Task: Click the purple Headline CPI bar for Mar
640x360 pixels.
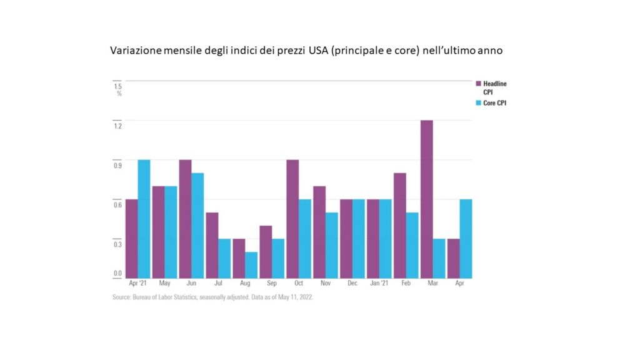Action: (x=427, y=199)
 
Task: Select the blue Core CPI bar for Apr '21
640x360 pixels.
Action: (x=144, y=219)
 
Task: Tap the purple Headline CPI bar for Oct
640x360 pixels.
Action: (x=292, y=219)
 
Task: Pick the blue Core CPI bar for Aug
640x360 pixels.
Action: (x=251, y=265)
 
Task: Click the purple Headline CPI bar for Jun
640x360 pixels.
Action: (x=185, y=219)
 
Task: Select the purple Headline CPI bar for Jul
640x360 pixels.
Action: (x=212, y=245)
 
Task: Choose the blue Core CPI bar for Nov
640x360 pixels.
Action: (x=332, y=245)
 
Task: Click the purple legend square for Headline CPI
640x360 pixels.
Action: (x=479, y=83)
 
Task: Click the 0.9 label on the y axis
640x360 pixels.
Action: (x=117, y=166)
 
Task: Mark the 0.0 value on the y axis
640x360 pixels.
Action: (x=117, y=274)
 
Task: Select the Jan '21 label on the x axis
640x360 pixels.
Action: (x=379, y=284)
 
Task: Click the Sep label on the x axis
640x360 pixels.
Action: (x=271, y=284)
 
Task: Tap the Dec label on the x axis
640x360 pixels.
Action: (x=352, y=284)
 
